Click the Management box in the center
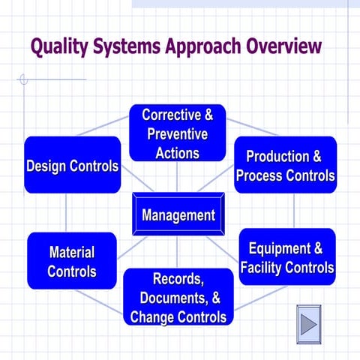click(178, 216)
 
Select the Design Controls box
click(72, 166)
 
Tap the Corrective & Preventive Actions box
click(177, 133)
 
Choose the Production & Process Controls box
click(285, 166)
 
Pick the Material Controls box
click(72, 261)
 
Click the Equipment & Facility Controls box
click(286, 257)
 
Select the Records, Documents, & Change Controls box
click(178, 298)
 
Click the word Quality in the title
click(61, 47)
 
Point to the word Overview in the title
click(282, 47)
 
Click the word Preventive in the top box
click(177, 134)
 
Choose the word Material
click(72, 252)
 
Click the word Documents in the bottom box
click(174, 298)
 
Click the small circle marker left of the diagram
click(23, 79)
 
